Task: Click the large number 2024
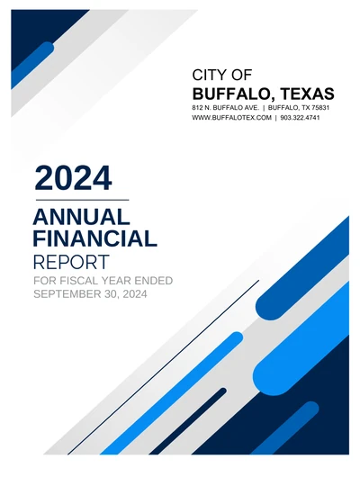pyautogui.click(x=73, y=176)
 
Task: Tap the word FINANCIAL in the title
pyautogui.click(x=94, y=238)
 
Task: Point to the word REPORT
pyautogui.click(x=70, y=263)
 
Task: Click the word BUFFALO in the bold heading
pyautogui.click(x=231, y=94)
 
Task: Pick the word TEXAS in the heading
pyautogui.click(x=306, y=94)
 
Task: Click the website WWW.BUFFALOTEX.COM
pyautogui.click(x=231, y=118)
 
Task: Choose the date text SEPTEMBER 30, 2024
pyautogui.click(x=89, y=294)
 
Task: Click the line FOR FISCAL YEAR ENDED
pyautogui.click(x=102, y=282)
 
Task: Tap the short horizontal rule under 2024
pyautogui.click(x=81, y=199)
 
